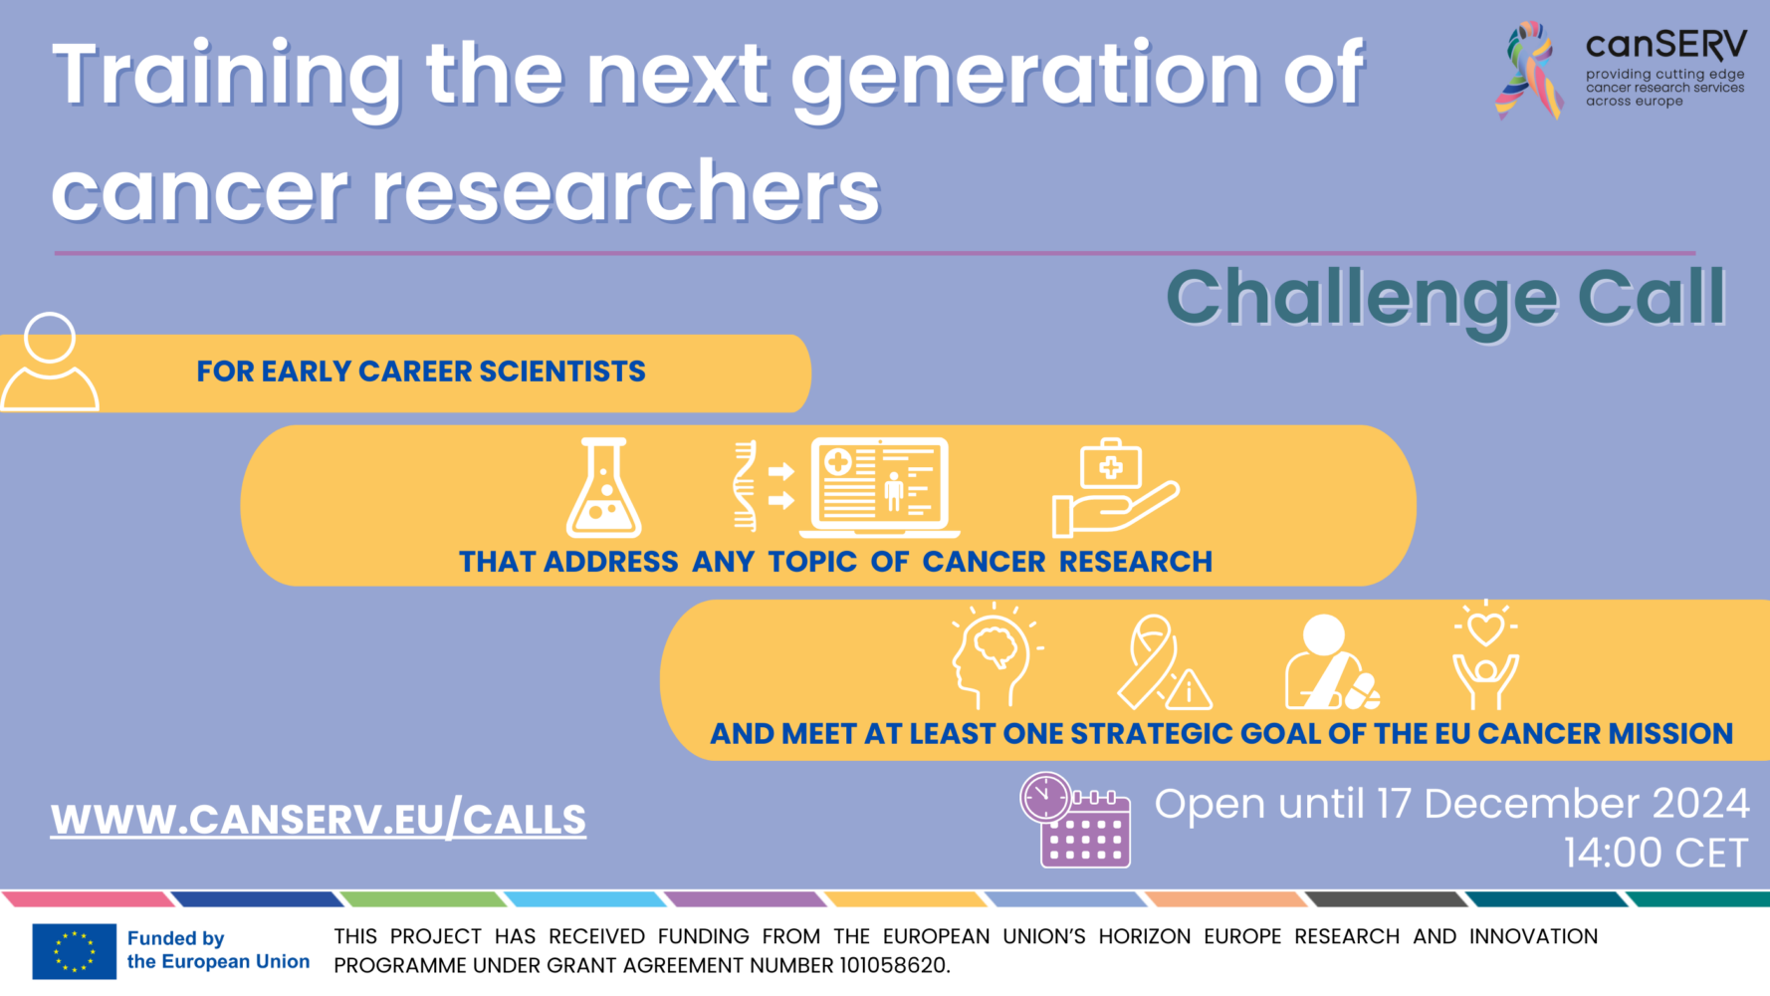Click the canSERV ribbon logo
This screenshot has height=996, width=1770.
point(1529,70)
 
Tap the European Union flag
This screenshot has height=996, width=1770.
point(74,950)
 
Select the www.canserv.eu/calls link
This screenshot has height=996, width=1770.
point(319,820)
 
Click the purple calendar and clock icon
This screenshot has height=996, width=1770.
point(1075,820)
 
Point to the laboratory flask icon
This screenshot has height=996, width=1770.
point(603,488)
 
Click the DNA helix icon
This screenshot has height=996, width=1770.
point(745,486)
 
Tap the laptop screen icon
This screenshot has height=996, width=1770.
point(880,487)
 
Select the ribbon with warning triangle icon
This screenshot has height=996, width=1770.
point(1163,661)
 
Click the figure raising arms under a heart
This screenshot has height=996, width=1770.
point(1485,654)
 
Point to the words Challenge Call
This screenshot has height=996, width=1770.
point(1445,298)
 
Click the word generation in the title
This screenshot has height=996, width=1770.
point(1026,77)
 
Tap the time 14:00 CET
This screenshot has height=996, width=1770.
point(1656,854)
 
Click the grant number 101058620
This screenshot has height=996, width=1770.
point(893,965)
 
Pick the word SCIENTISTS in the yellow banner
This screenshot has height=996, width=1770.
point(562,372)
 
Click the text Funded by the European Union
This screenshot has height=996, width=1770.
point(218,950)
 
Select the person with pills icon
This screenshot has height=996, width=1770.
point(1330,661)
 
